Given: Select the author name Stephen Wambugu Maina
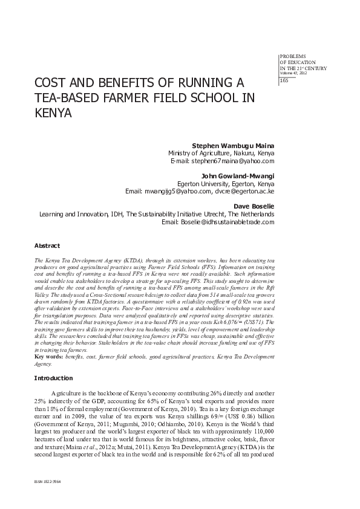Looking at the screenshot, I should click(233, 146).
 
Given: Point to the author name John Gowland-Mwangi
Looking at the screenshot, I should click(239, 175).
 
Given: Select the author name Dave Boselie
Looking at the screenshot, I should click(254, 206).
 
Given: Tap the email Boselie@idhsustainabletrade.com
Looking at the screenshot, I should click(226, 222).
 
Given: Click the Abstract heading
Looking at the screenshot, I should click(47, 246).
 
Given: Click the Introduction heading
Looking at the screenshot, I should click(53, 378).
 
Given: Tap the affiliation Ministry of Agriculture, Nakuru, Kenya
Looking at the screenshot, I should click(221, 154).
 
